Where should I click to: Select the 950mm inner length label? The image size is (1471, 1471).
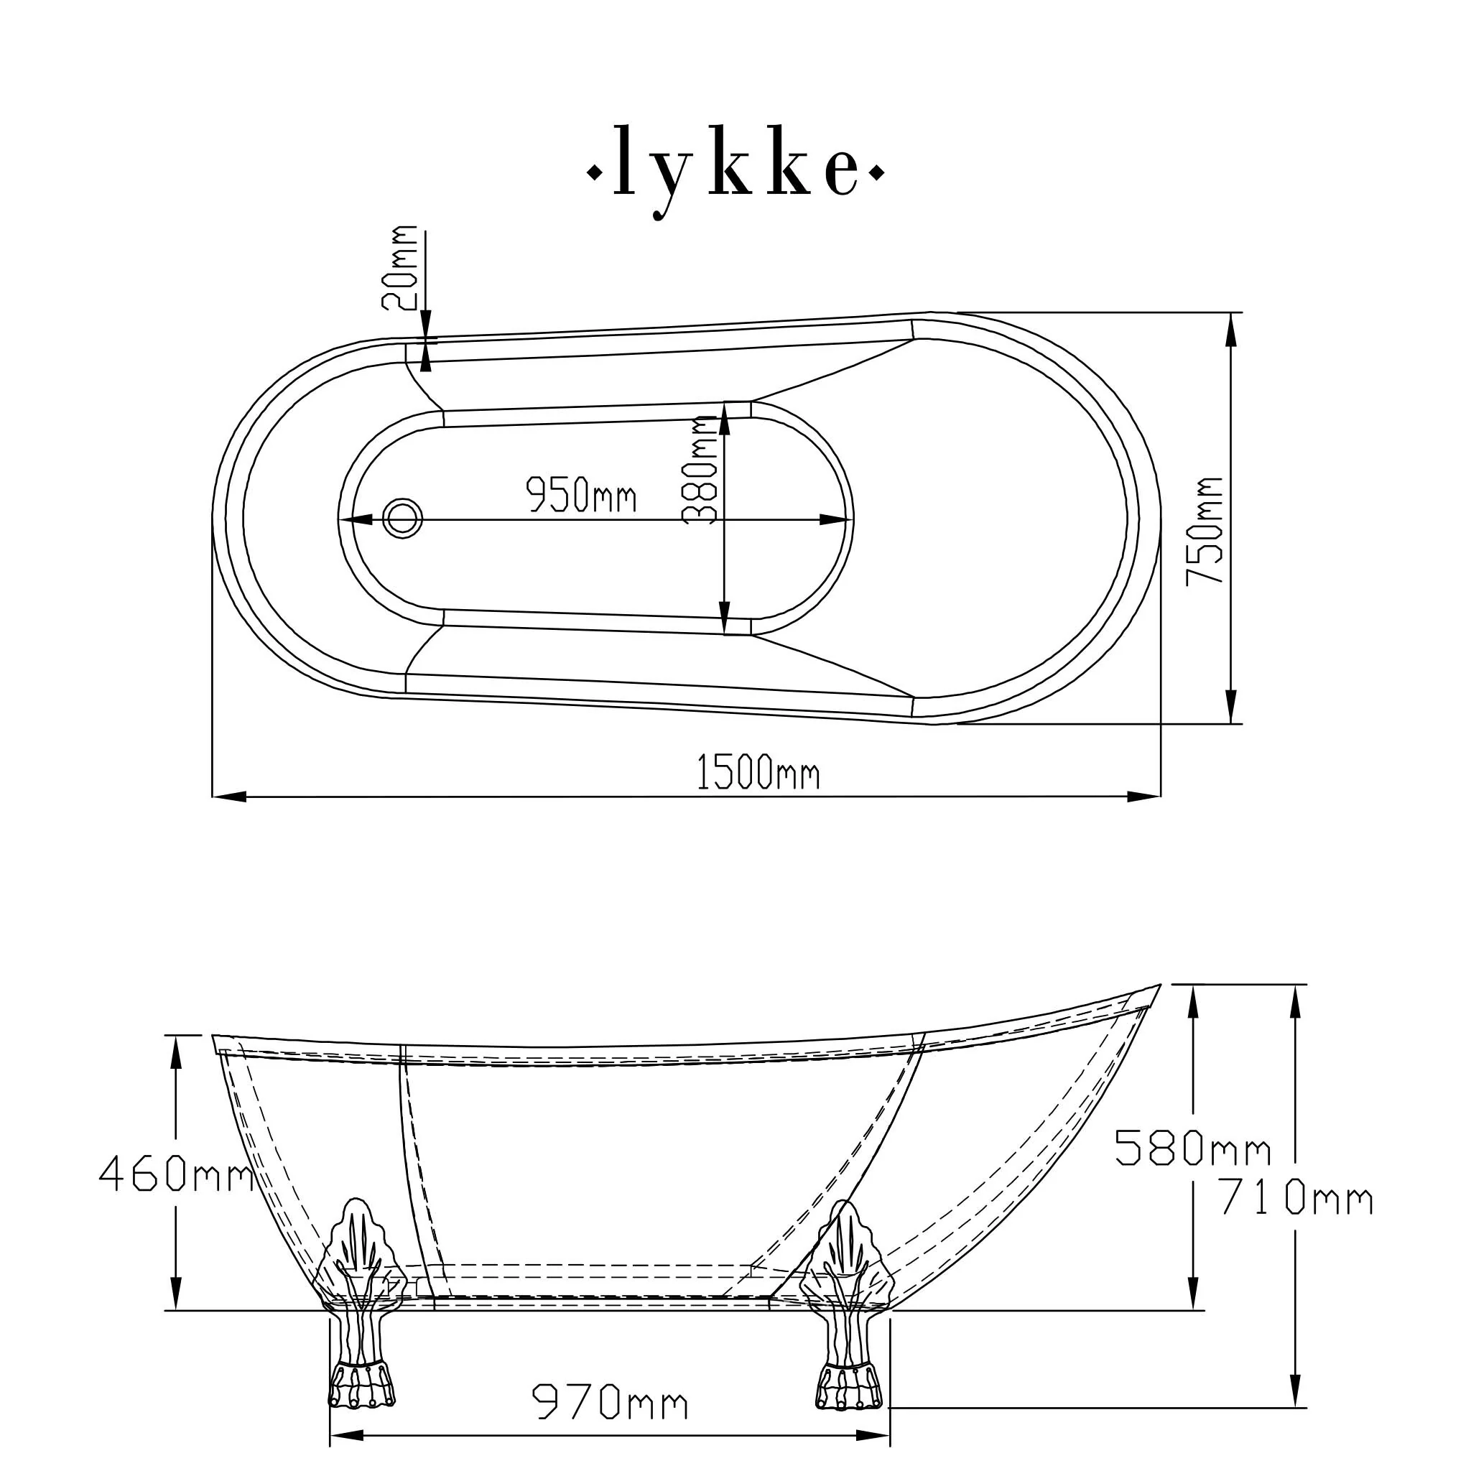coord(582,496)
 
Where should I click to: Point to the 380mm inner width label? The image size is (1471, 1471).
coord(700,470)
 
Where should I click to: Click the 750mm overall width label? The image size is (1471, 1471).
coord(1205,532)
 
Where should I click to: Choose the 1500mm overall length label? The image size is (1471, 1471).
coord(758,774)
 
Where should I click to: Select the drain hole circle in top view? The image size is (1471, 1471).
coord(403,519)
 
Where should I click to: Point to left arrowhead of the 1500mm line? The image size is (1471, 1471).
coord(228,797)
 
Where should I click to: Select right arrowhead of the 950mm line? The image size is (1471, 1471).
coord(834,520)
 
